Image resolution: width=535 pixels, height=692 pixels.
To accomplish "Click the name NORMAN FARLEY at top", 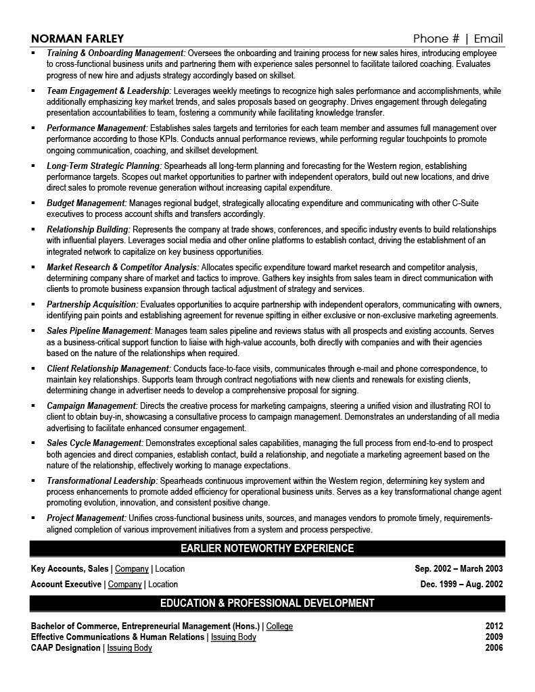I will pyautogui.click(x=76, y=38).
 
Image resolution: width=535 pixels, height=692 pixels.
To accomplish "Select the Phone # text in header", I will pyautogui.click(x=437, y=38).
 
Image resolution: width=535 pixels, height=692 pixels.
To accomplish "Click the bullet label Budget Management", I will pyautogui.click(x=87, y=203).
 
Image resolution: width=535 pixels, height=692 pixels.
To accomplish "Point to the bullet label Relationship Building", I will pyautogui.click(x=88, y=229).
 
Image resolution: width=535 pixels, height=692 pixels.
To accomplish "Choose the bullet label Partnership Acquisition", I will pyautogui.click(x=92, y=305).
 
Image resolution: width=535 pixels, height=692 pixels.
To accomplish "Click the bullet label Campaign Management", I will pyautogui.click(x=91, y=405).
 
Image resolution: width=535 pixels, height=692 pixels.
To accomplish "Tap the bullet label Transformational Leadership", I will pyautogui.click(x=102, y=480).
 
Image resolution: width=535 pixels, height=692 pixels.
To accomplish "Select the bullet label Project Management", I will pyautogui.click(x=86, y=518).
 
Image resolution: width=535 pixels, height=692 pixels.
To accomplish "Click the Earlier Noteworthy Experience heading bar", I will pyautogui.click(x=267, y=548).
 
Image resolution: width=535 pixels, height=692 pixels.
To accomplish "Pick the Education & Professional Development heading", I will pyautogui.click(x=267, y=603).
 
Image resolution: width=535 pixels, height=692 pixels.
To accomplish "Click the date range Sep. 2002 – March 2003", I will pyautogui.click(x=459, y=569).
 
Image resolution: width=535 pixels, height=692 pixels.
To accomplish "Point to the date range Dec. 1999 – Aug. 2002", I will pyautogui.click(x=461, y=584).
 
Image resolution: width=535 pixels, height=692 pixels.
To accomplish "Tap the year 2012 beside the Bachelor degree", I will pyautogui.click(x=494, y=626).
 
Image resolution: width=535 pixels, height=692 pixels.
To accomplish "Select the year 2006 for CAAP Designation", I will pyautogui.click(x=494, y=648).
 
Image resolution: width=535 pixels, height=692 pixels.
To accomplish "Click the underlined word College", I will pyautogui.click(x=279, y=626).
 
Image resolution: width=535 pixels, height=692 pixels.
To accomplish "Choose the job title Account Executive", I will pyautogui.click(x=66, y=584).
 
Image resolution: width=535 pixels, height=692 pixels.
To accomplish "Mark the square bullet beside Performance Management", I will pyautogui.click(x=34, y=127).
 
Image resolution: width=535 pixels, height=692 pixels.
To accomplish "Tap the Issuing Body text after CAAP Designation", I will pyautogui.click(x=129, y=648).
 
